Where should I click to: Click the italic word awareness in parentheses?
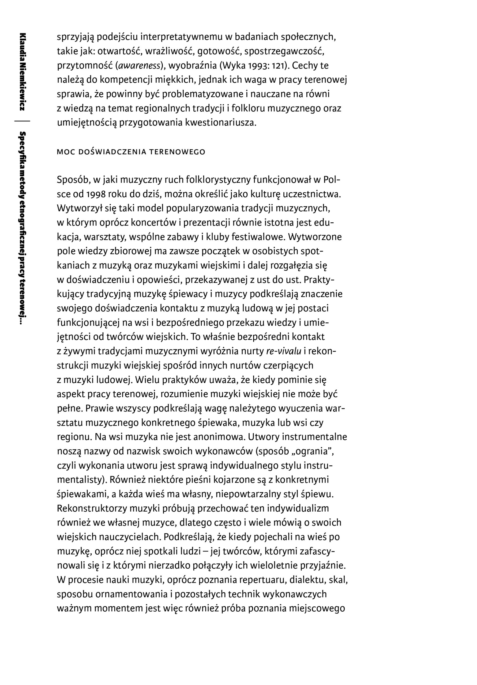point(139,66)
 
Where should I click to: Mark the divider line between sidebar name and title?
point(22,121)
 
